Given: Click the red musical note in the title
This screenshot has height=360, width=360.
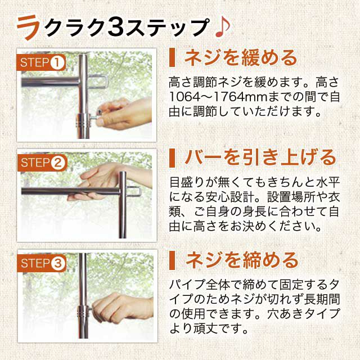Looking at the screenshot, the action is (x=222, y=28).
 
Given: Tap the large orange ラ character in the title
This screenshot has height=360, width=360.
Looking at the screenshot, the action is (x=28, y=27).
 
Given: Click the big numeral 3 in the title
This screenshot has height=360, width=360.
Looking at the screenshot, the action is (x=115, y=28).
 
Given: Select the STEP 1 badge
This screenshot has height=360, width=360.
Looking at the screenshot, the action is (x=41, y=62).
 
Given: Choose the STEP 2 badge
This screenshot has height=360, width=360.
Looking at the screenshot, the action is (x=42, y=163).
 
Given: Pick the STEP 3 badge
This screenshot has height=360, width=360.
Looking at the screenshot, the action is (x=42, y=263).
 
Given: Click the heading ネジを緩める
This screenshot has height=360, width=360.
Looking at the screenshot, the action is (x=241, y=58).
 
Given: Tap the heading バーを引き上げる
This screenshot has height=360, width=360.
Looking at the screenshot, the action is (x=260, y=158).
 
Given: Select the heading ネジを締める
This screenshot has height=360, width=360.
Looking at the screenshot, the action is (x=241, y=260).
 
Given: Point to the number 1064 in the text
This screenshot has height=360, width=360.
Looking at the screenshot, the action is (x=184, y=97).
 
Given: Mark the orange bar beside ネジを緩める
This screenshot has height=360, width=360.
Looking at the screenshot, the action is (x=172, y=57).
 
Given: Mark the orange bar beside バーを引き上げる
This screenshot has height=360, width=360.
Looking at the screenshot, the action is (x=172, y=158).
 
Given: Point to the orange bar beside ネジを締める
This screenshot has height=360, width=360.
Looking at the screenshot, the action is (x=172, y=260).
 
